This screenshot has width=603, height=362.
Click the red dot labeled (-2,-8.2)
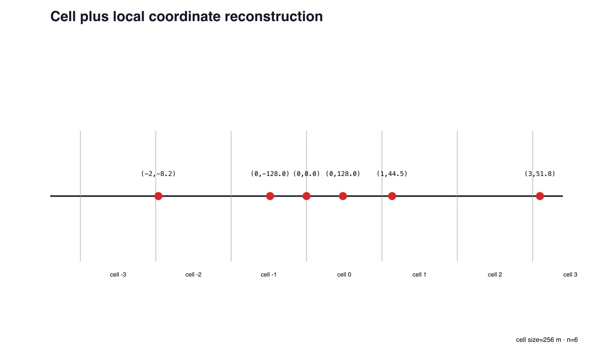(158, 196)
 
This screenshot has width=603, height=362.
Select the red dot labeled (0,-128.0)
(270, 196)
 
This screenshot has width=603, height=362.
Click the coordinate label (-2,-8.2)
(158, 174)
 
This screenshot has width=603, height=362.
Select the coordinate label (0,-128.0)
(270, 174)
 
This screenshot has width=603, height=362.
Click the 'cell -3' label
(118, 275)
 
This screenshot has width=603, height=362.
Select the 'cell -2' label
(193, 275)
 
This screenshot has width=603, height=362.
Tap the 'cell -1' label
(269, 275)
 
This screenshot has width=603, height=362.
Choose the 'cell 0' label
(344, 275)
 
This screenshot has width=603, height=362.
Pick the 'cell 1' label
(420, 275)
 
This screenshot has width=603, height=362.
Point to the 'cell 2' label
(495, 275)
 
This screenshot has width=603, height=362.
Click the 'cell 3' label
(570, 275)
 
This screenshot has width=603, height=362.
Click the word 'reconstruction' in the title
(273, 17)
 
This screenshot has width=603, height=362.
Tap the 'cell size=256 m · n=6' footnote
(547, 340)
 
